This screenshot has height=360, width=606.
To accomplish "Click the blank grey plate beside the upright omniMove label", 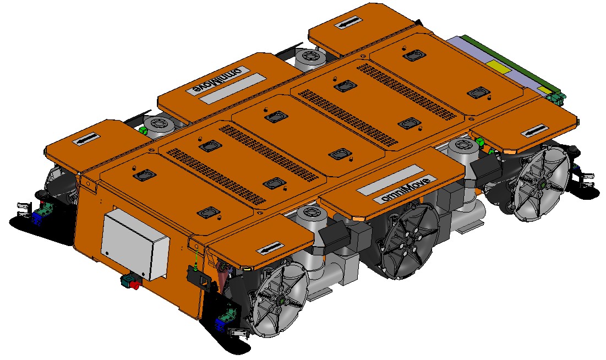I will click(x=390, y=180).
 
